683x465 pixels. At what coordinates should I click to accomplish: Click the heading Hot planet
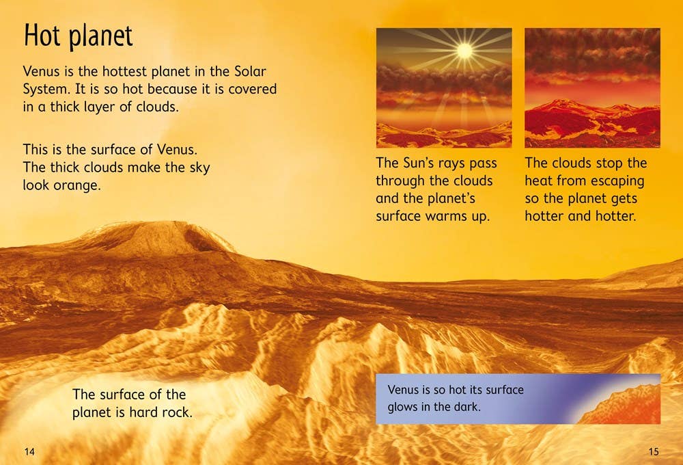78,36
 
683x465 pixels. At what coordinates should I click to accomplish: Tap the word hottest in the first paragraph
114,72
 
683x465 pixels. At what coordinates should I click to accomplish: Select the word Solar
260,72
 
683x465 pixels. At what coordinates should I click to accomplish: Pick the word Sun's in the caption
418,163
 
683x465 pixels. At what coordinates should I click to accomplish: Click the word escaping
617,181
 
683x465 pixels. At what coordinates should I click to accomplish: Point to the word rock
177,412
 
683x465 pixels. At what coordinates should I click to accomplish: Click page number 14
29,451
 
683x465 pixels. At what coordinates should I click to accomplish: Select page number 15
654,451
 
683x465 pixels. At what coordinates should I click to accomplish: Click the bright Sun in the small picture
464,50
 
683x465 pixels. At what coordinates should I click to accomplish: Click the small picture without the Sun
592,88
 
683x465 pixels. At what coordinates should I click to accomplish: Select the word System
47,90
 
